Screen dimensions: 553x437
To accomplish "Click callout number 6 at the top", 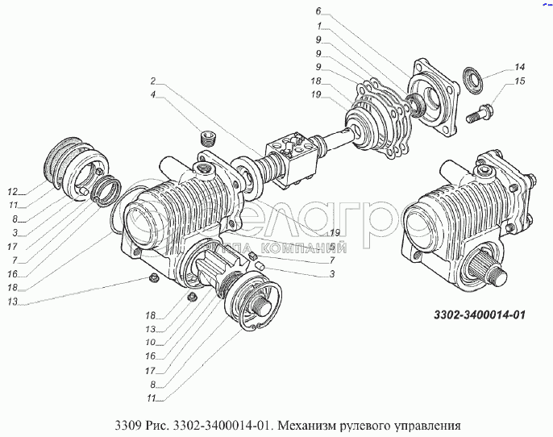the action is [x=318, y=11].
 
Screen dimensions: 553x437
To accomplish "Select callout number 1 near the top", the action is [x=318, y=25].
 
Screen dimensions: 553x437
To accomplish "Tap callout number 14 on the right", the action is [x=520, y=67].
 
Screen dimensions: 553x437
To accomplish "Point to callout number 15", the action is [x=520, y=82].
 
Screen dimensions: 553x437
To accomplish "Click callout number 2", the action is [x=152, y=81].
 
